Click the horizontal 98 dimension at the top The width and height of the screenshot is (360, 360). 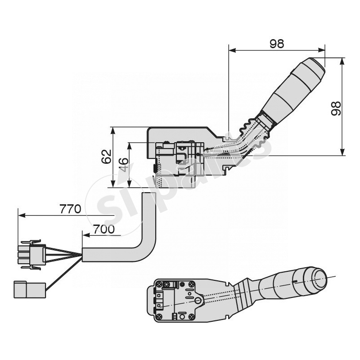tap(277, 44)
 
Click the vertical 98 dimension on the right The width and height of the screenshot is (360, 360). tap(335, 108)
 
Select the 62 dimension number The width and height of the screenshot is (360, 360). tap(106, 157)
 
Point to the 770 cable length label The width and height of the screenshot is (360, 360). tap(70, 209)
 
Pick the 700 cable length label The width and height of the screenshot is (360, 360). tap(104, 229)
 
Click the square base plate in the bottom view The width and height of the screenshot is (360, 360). tap(175, 300)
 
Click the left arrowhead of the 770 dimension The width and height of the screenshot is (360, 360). tap(20, 216)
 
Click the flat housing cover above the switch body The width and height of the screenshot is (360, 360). tap(180, 134)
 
